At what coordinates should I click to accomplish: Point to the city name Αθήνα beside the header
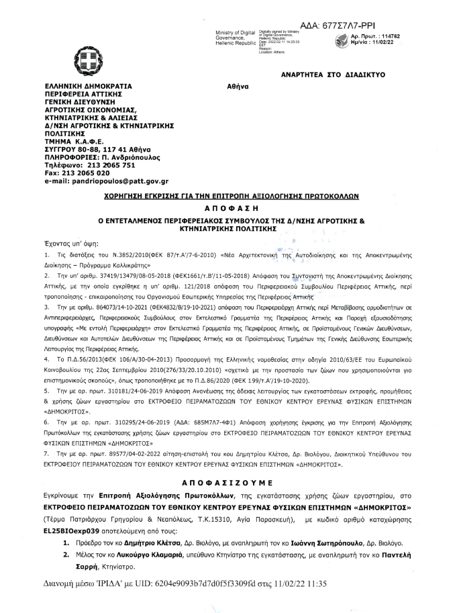pos(238,87)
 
